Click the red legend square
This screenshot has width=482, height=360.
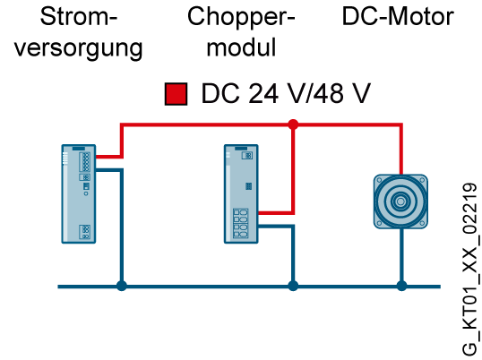pos(176,94)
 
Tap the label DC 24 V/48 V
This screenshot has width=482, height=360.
pos(286,93)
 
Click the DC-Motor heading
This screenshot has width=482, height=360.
pos(398,16)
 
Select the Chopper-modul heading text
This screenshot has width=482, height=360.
pos(241,31)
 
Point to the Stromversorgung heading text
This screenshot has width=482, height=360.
pos(79,32)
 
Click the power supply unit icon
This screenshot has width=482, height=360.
pos(79,193)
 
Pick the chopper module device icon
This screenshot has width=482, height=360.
pos(241,193)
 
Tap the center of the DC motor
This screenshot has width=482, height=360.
pos(400,201)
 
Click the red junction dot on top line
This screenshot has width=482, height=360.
pos(293,124)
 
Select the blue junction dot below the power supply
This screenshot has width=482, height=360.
pos(122,286)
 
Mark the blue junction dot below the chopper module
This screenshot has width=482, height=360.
pos(293,286)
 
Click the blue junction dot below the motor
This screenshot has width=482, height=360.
pos(401,286)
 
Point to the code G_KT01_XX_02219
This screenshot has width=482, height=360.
pos(469,270)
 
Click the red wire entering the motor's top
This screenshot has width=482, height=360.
pos(401,150)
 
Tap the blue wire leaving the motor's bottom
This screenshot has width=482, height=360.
pos(401,255)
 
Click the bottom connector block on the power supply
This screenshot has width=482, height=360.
pos(85,232)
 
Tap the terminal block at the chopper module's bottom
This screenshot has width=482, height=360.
pos(241,223)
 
